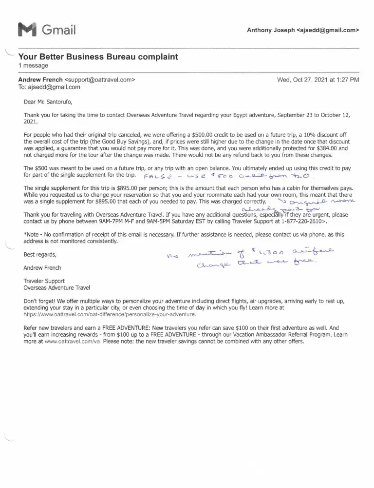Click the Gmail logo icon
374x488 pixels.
tap(27, 30)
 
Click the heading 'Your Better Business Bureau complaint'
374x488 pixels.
tap(97, 57)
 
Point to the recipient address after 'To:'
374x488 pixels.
tap(54, 87)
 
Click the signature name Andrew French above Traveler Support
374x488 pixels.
tap(43, 268)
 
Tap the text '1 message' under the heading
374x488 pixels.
tap(34, 65)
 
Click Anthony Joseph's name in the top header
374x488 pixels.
tap(271, 30)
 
